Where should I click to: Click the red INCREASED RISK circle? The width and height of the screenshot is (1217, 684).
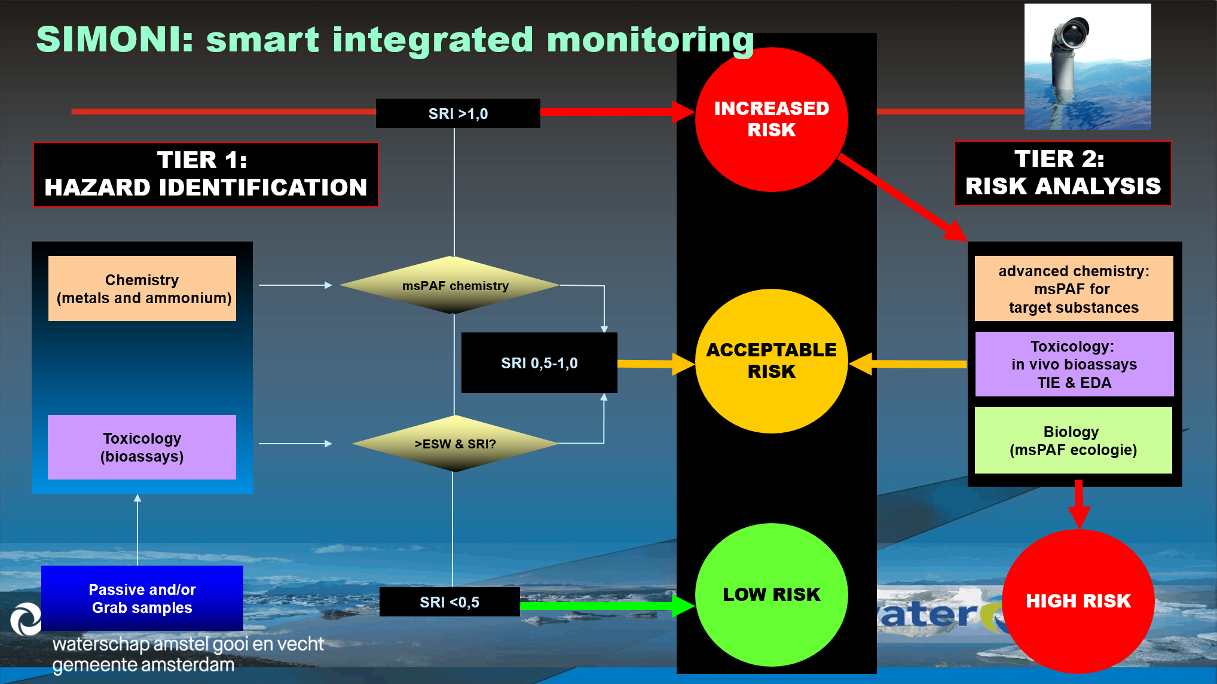pos(771,120)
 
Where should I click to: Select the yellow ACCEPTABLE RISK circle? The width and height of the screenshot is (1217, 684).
pos(771,361)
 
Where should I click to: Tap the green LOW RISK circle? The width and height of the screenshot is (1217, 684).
pos(771,595)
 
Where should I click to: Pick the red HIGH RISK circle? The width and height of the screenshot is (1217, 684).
pos(1078,601)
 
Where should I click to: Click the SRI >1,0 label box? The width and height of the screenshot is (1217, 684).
pos(458,114)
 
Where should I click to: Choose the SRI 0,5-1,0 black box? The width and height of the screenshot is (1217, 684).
pos(539,363)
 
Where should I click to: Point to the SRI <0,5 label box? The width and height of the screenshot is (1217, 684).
pos(450,602)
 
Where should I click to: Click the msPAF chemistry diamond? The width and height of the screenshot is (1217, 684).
pos(454,285)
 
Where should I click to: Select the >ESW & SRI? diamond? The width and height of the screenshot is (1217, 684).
pos(455,444)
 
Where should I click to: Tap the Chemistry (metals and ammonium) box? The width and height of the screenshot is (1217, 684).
pos(142,289)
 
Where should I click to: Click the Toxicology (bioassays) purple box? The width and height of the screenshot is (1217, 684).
pos(142,447)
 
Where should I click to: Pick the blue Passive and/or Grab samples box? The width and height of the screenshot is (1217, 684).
pos(142,598)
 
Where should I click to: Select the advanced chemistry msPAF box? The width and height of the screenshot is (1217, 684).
pos(1074,289)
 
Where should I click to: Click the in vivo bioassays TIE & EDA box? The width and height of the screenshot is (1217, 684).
pos(1075,364)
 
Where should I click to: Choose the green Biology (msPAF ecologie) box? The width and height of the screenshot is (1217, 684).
pos(1074,441)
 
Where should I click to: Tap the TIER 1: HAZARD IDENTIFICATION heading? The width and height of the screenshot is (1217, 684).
pos(206,175)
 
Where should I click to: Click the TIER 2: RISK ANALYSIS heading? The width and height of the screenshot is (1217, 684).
pos(1063,173)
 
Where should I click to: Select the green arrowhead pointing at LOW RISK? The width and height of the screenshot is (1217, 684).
pos(683,606)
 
